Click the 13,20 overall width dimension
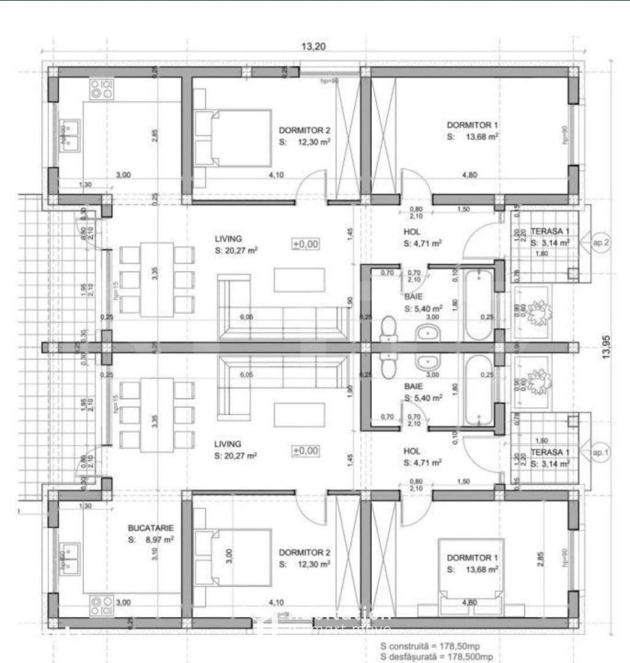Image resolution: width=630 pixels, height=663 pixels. click(313, 47)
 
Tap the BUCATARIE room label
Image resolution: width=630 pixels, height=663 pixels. click(150, 527)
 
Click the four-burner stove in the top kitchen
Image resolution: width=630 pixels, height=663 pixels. click(102, 90)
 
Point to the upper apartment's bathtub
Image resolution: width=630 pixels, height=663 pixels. click(478, 305)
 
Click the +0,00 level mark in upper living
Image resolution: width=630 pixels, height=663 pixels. click(305, 244)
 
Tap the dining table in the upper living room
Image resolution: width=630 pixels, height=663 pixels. click(157, 279)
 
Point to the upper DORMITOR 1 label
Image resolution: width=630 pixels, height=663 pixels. click(471, 126)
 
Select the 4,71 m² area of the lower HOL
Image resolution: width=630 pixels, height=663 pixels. click(432, 462)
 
